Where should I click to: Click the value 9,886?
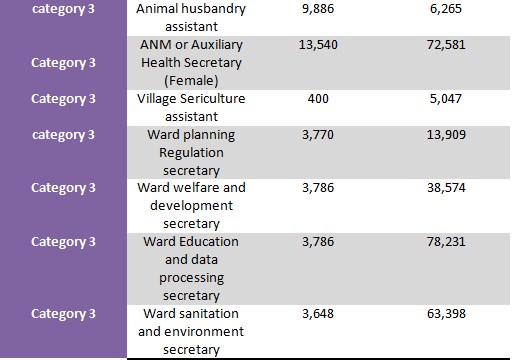point(318,9)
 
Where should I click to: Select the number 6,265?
point(446,9)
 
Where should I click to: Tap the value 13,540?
point(318,45)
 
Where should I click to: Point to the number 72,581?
point(446,45)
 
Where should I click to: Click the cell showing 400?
point(318,99)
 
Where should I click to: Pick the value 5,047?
point(446,99)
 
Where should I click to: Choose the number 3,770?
point(318,135)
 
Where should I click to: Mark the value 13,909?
point(446,135)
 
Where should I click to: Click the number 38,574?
point(446,188)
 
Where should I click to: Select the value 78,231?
point(446,242)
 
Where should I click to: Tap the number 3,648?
point(318,314)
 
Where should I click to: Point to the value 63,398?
point(446,314)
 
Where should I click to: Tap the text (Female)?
point(191,81)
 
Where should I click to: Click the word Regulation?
point(191,153)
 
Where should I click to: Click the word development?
point(191,206)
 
